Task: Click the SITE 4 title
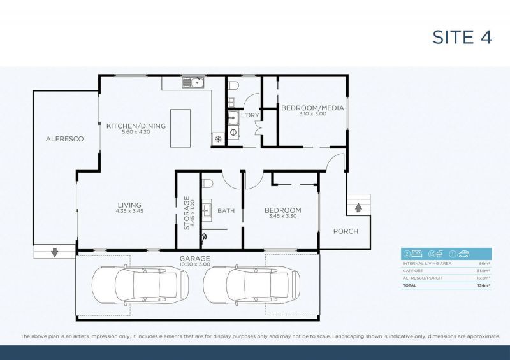tap(462, 37)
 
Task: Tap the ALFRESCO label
tap(64, 138)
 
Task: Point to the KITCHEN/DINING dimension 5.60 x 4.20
tap(136, 133)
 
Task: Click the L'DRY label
tap(249, 115)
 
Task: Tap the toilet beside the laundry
tap(233, 85)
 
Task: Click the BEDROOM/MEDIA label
tap(304, 108)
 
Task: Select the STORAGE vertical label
tap(187, 213)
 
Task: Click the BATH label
tap(226, 210)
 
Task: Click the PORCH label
tap(346, 231)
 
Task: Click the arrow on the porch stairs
tap(358, 206)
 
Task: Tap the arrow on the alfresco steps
tap(54, 252)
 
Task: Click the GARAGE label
tap(194, 259)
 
